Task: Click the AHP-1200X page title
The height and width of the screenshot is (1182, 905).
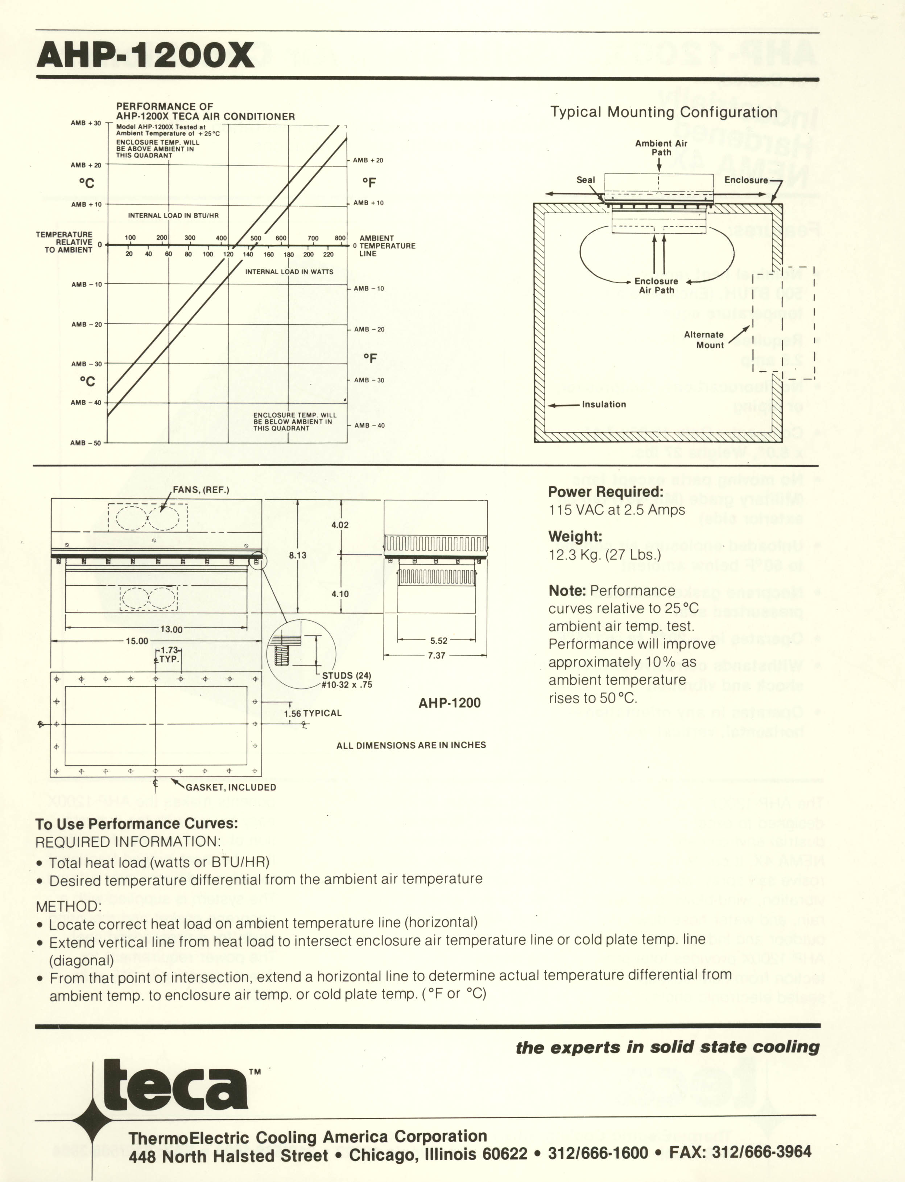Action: (145, 55)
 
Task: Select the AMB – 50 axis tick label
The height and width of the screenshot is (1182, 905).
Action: (86, 443)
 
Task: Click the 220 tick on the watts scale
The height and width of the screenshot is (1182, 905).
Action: (328, 254)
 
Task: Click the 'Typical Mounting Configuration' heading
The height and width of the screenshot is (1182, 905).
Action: (663, 112)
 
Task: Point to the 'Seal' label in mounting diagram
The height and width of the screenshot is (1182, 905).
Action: (586, 180)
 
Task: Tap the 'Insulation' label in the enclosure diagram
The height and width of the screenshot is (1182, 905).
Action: (604, 404)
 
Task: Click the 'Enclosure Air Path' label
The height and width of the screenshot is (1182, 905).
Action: (656, 285)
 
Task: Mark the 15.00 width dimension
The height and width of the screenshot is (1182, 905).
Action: (137, 641)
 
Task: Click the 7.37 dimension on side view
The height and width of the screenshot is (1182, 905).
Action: (436, 656)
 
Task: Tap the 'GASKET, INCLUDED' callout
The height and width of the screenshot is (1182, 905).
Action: (231, 787)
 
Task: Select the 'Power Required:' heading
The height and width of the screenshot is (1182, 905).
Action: (606, 492)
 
